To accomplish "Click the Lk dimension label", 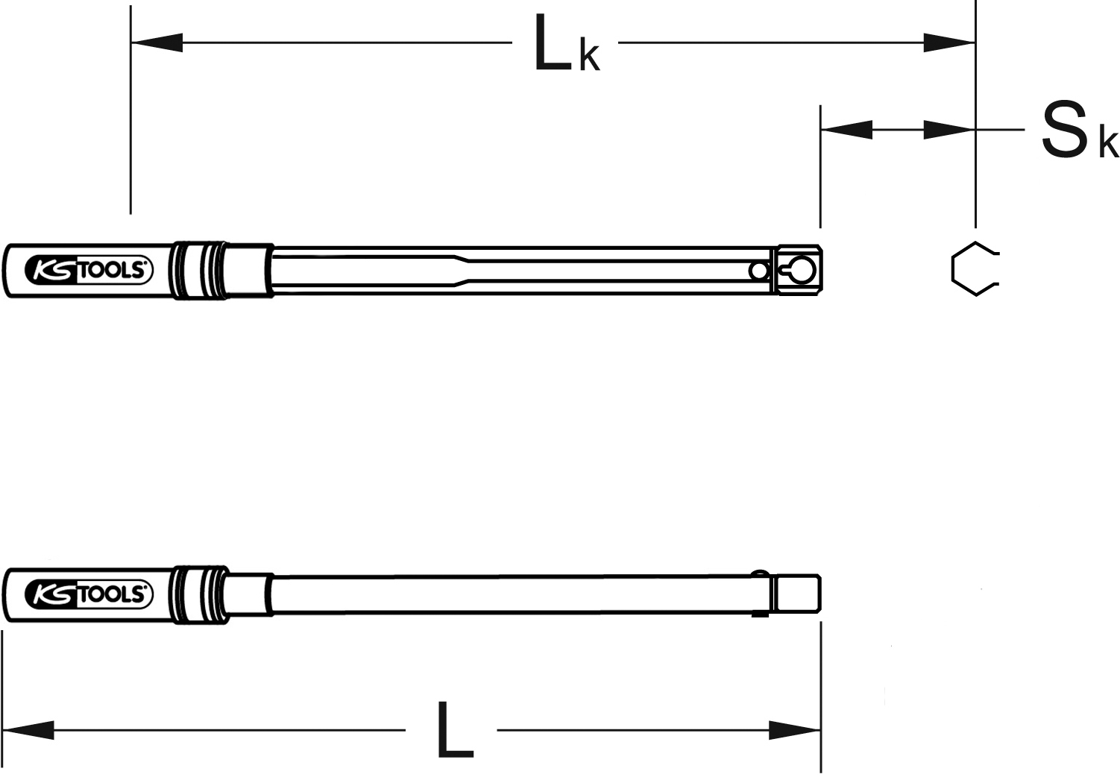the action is (567, 43).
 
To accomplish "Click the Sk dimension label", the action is (1080, 130).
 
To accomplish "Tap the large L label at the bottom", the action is (455, 729).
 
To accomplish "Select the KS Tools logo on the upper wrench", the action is (89, 270).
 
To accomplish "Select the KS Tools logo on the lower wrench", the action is (89, 594).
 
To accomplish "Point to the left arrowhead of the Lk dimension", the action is (157, 43).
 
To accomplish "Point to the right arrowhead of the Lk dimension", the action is (949, 43).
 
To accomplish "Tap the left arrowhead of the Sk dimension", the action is (846, 130).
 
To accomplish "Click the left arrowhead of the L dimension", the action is (28, 730).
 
